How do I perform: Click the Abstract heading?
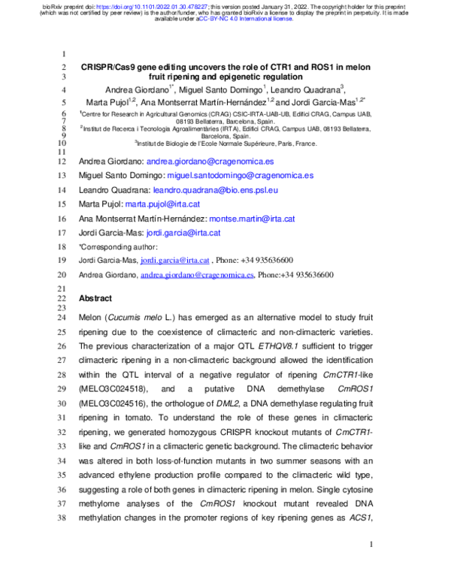click(95, 298)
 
